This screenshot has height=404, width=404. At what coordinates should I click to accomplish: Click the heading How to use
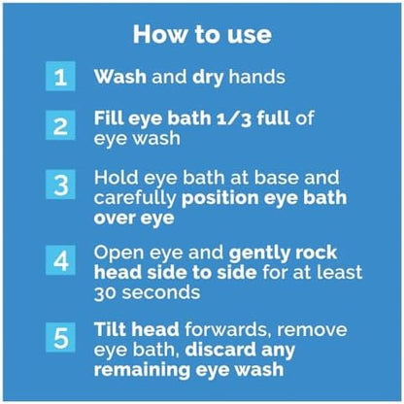tap(202, 34)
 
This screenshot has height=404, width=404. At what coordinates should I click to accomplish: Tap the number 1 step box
tap(60, 77)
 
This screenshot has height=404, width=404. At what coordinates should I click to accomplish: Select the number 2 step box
tap(60, 125)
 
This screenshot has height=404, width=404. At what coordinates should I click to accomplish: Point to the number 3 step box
tap(60, 185)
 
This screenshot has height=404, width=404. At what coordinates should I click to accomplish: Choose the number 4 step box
tap(60, 260)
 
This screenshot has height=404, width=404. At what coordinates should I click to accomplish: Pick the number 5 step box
tap(60, 337)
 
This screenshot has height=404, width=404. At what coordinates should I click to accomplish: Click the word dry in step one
tap(208, 78)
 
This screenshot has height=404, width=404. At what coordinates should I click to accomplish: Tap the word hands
tap(257, 77)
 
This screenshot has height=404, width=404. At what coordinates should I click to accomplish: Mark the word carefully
tap(135, 199)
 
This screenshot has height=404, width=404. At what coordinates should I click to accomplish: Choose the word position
tap(220, 199)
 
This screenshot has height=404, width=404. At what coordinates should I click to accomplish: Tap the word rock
tap(319, 252)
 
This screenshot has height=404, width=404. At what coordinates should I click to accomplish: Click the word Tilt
tap(111, 329)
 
